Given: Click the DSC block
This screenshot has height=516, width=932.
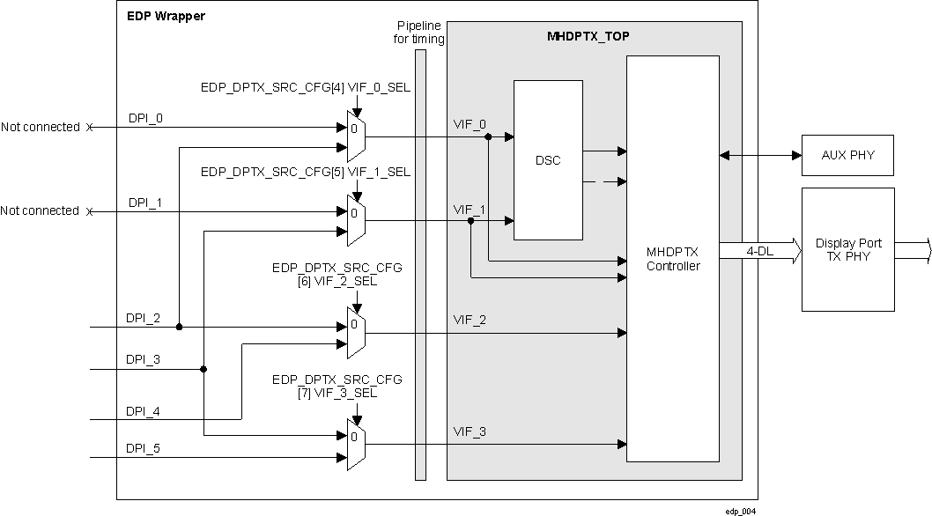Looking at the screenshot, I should [548, 160].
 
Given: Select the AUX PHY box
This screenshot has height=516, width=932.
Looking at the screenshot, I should [847, 155].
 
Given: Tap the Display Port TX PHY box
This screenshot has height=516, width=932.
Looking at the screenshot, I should [847, 249].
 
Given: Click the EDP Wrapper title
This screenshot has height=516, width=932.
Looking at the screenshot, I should [166, 16].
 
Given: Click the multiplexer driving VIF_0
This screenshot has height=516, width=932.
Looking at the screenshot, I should [356, 137].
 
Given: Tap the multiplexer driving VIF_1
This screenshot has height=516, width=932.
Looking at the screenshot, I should [356, 221].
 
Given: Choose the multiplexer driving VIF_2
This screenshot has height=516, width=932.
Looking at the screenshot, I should [356, 334].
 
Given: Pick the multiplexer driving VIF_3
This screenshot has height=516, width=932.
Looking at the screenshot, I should [356, 446].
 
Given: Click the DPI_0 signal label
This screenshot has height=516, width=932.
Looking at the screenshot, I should [144, 117].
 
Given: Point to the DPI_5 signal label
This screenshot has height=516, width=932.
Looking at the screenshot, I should [143, 448].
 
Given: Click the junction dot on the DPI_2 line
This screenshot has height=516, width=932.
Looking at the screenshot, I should [179, 327].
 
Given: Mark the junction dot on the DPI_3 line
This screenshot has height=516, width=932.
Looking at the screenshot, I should [203, 369].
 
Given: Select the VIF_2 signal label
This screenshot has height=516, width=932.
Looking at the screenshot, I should [470, 319].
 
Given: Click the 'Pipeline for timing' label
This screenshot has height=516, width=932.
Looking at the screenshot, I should [420, 33].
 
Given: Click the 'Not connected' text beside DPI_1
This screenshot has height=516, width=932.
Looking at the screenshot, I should [41, 211].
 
